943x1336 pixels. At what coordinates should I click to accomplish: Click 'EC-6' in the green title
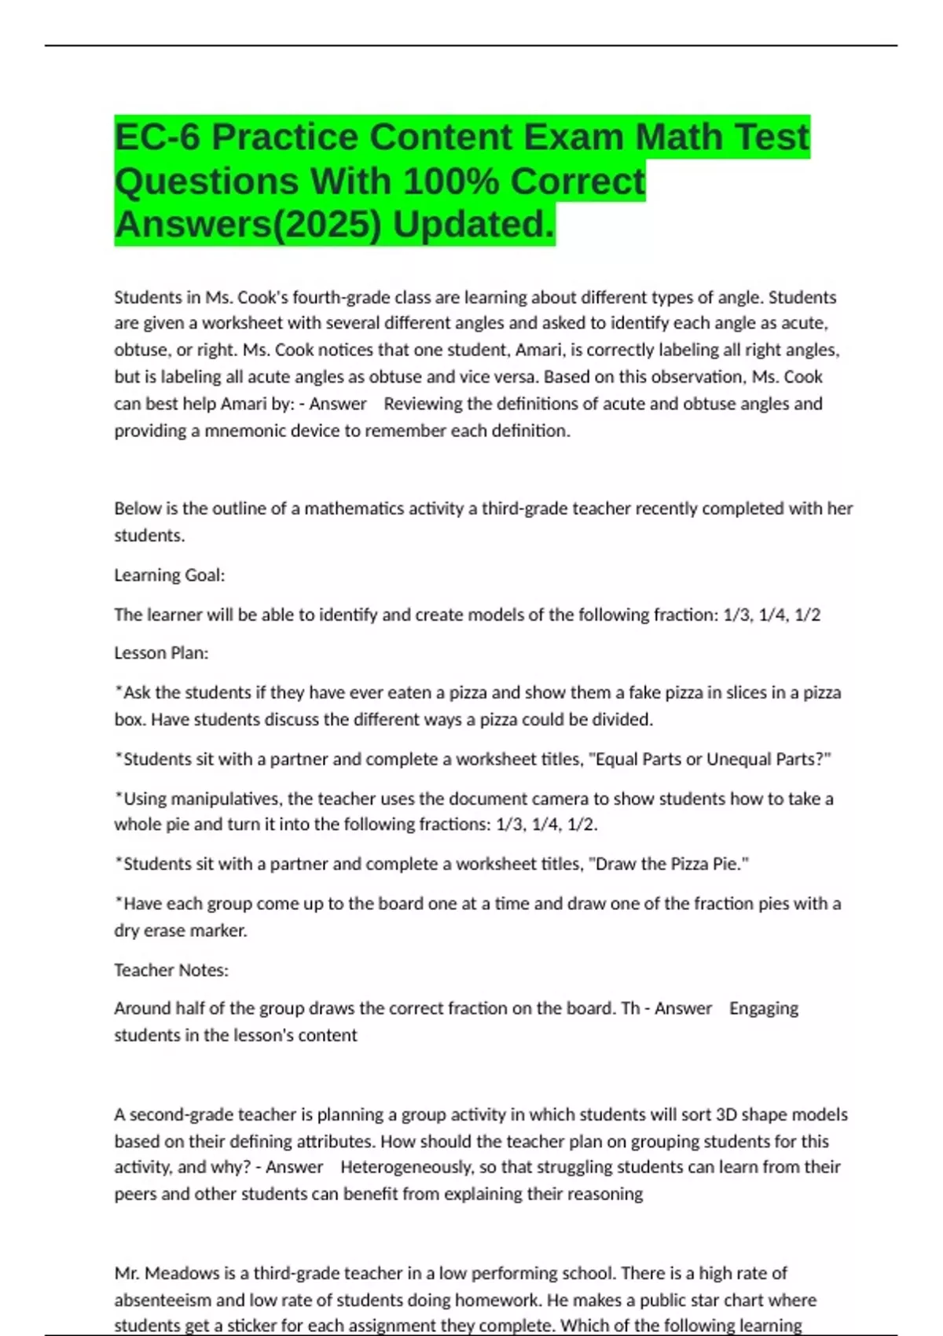[157, 138]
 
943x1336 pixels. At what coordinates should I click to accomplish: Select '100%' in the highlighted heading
[451, 182]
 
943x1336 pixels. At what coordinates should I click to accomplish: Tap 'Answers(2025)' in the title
[248, 225]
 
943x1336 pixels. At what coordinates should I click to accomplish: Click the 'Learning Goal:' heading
[170, 575]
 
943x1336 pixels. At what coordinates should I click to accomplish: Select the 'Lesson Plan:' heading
[161, 653]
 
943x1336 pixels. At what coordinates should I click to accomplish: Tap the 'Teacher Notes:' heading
[171, 970]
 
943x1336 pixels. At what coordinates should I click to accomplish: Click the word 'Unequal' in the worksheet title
[738, 759]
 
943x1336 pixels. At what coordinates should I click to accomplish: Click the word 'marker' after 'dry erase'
[222, 930]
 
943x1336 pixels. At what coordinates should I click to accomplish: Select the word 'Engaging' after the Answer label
[763, 1008]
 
